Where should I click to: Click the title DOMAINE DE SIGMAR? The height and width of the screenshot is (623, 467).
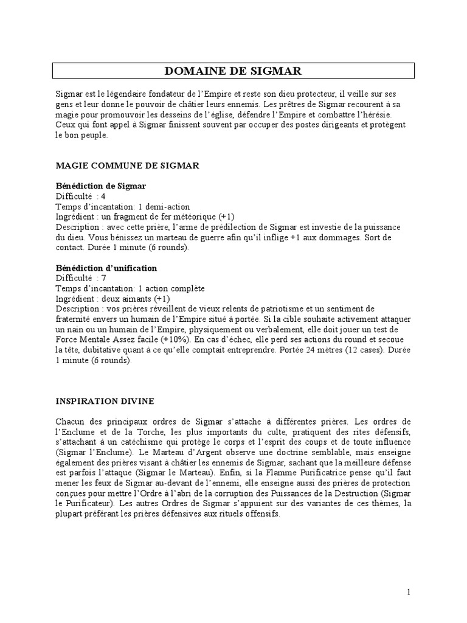[x=233, y=72]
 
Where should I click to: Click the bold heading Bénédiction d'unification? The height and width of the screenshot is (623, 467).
[x=106, y=268]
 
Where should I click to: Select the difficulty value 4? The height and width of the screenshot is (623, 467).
[x=103, y=196]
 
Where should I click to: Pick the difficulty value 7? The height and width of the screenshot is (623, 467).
[x=103, y=278]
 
